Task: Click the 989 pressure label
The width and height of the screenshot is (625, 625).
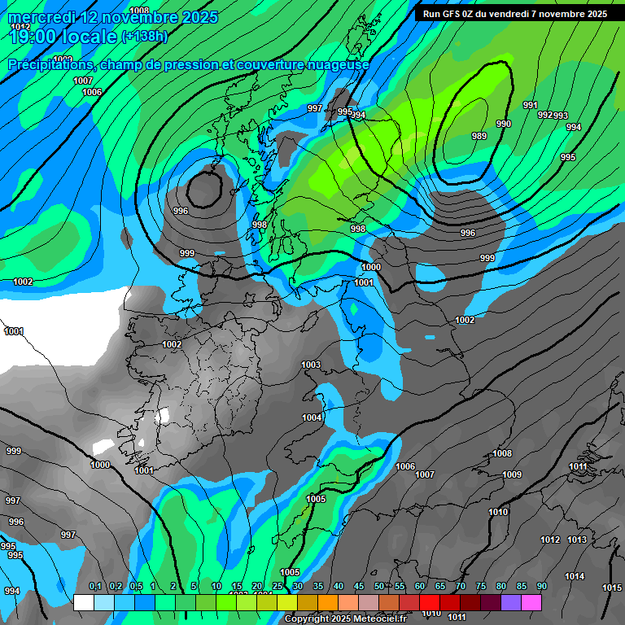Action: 479,136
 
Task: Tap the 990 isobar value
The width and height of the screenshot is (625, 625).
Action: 504,124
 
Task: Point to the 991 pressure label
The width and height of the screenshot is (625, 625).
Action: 531,105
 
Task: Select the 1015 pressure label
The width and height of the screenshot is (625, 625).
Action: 612,588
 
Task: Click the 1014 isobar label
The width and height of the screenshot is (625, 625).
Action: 575,576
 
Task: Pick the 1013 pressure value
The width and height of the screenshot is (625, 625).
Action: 577,540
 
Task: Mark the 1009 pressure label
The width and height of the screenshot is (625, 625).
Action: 512,474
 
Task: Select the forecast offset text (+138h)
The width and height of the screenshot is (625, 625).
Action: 144,36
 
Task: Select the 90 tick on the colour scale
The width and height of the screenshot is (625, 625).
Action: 542,586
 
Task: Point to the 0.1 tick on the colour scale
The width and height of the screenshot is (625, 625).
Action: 94,586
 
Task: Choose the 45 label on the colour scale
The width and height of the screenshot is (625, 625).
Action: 359,586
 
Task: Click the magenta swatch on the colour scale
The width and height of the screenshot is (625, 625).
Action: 531,602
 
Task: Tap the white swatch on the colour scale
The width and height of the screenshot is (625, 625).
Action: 83,602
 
